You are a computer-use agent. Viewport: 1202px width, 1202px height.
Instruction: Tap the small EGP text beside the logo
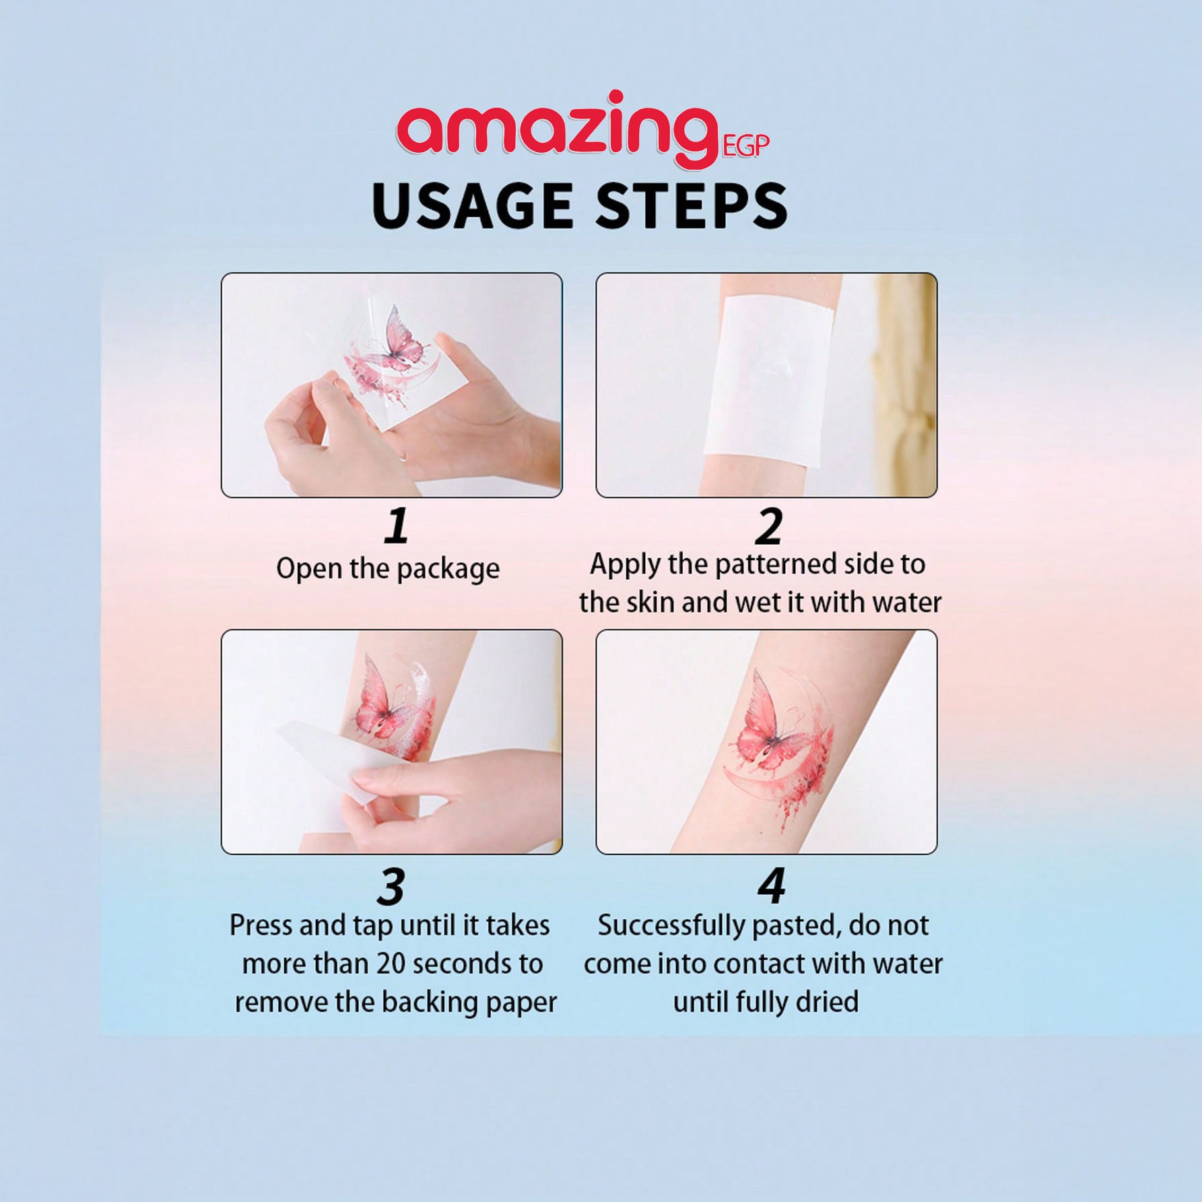[x=745, y=146]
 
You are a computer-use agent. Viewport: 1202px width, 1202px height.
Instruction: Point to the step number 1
[x=397, y=526]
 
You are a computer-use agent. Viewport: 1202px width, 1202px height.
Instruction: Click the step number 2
[x=768, y=526]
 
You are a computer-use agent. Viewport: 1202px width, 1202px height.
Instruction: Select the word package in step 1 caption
[x=448, y=570]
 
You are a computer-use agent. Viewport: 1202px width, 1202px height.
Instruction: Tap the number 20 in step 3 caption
[x=392, y=964]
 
